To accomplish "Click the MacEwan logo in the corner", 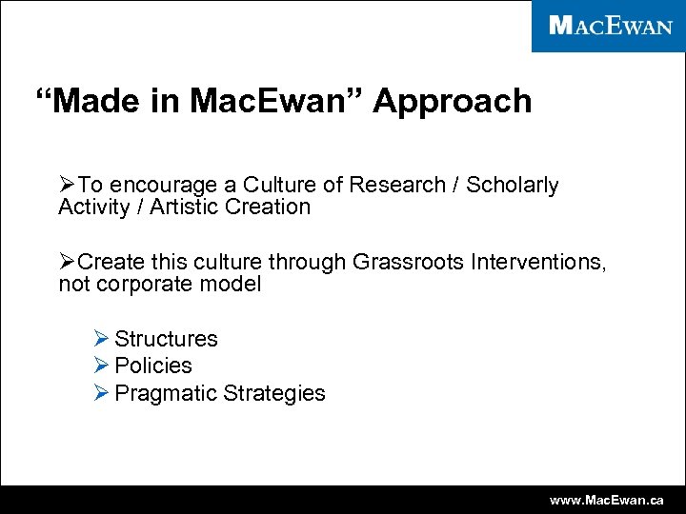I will [x=609, y=26].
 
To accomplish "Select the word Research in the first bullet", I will [x=406, y=185].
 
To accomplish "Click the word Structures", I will [x=166, y=339].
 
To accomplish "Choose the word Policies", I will [x=153, y=366].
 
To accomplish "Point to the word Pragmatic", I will [x=165, y=393].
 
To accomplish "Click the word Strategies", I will [x=274, y=393].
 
